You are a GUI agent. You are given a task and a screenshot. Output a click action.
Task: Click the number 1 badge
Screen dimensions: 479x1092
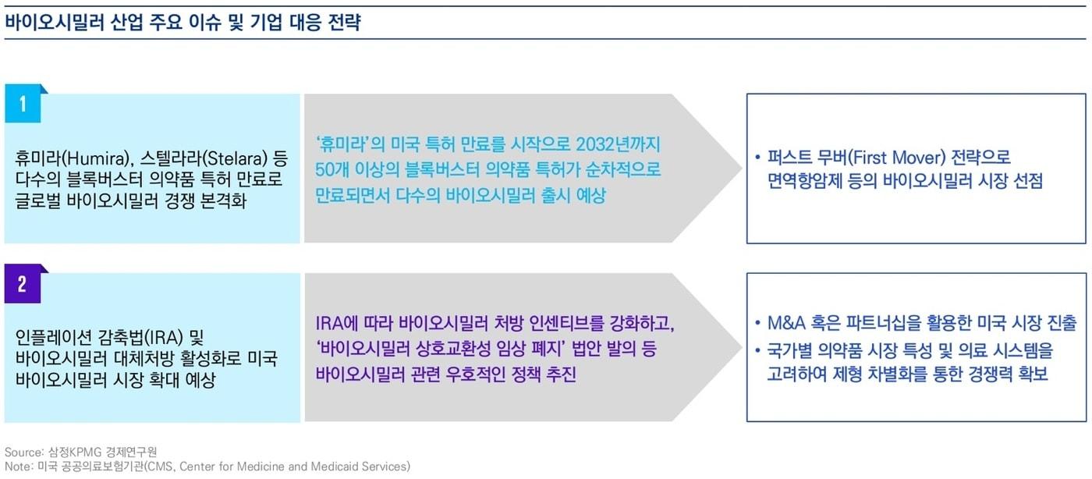(x=23, y=104)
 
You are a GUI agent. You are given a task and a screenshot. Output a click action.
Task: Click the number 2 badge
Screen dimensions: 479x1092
(x=23, y=285)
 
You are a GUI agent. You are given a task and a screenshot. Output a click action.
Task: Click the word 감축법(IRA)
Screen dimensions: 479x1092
(x=144, y=338)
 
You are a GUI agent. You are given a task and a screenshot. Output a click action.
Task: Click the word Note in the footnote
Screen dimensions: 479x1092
(x=16, y=467)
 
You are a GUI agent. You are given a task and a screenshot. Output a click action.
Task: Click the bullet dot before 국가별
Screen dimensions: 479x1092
(x=759, y=351)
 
